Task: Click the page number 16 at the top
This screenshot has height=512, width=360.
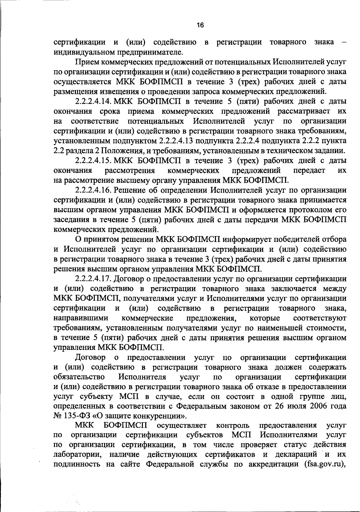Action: coord(200,25)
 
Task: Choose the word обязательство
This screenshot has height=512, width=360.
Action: coord(79,377)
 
